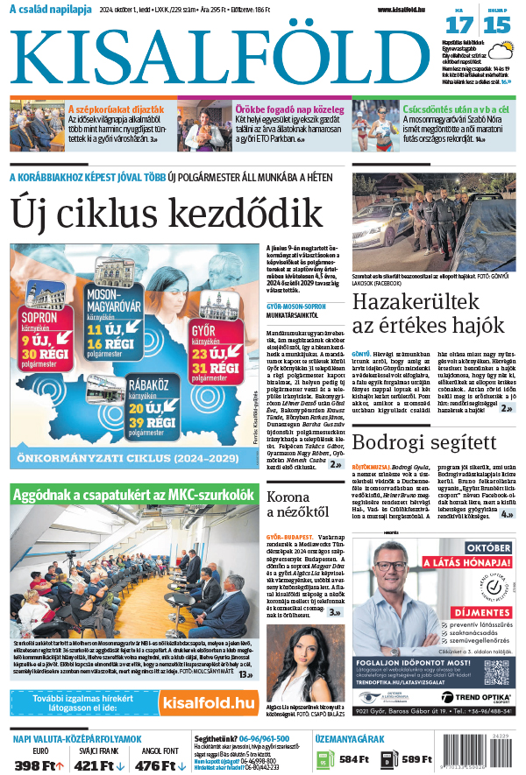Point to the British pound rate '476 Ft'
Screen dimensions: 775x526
(155, 765)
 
